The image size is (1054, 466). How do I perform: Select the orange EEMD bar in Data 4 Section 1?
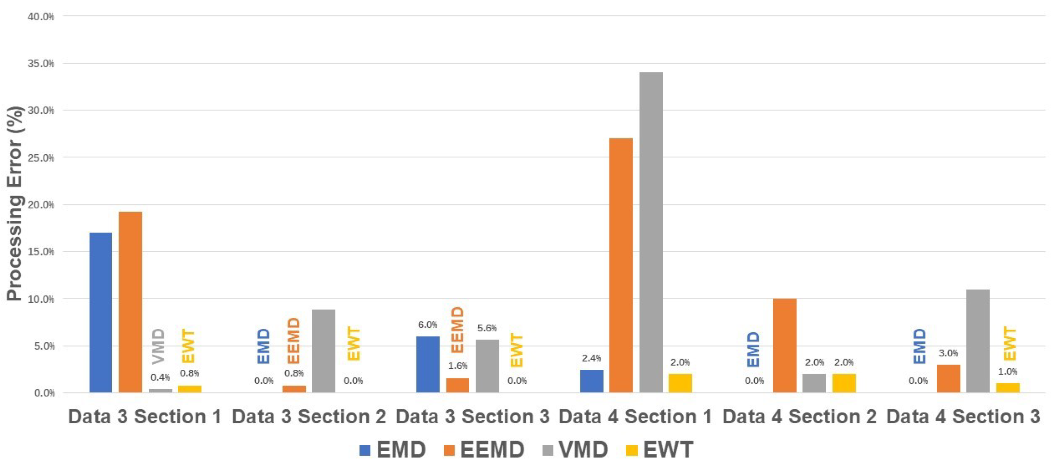click(621, 265)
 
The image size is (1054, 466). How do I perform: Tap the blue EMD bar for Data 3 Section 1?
click(100, 312)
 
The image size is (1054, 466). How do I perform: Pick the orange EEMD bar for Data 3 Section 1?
click(130, 302)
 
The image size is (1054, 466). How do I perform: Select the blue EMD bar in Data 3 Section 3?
click(428, 364)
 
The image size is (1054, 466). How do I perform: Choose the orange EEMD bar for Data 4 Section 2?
click(784, 345)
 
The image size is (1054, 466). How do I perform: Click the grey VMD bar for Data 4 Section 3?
click(978, 341)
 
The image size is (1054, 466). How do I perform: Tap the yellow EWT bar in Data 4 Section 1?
click(680, 383)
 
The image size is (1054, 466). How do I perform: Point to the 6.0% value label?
click(427, 324)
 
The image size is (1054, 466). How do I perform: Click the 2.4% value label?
click(591, 358)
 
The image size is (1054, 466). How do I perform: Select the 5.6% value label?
click(487, 328)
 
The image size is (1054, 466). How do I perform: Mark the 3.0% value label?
click(948, 353)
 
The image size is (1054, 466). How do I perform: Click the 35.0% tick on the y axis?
click(41, 63)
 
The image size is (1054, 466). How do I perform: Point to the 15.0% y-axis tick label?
click(41, 252)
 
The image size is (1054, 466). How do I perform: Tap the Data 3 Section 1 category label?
click(145, 416)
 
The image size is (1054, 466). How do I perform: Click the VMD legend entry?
click(575, 450)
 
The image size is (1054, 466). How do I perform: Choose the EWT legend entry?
click(659, 450)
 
